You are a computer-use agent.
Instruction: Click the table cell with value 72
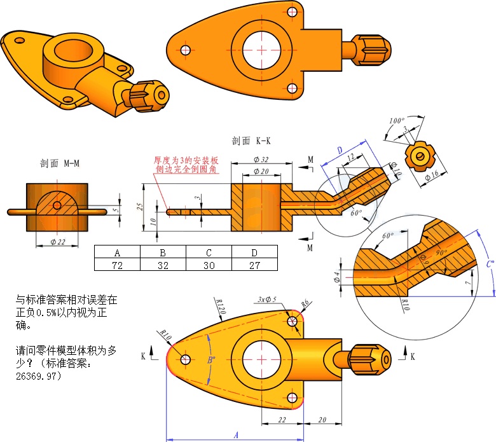pos(116,265)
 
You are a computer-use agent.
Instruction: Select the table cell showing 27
pos(254,265)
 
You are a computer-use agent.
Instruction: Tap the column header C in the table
pos(209,251)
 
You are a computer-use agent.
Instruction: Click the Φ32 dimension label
pos(261,159)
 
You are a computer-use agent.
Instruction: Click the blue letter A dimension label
pos(236,435)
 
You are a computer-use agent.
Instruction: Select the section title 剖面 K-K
pos(252,141)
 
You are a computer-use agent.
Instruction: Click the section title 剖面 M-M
pos(60,163)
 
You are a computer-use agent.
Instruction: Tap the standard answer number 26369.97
pos(38,376)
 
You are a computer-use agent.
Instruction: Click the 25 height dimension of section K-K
pos(146,207)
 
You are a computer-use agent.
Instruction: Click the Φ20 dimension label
pos(261,172)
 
